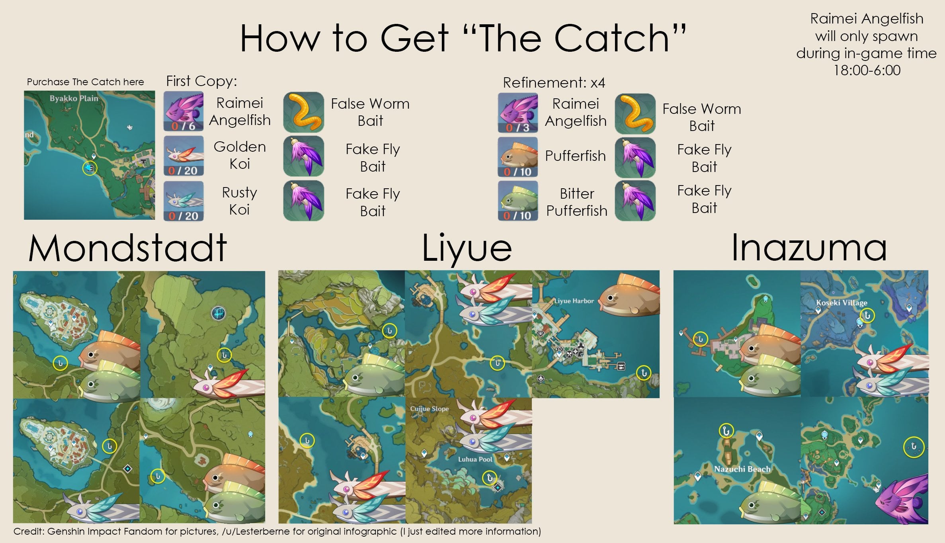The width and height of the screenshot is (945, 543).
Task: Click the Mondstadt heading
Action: pos(127,248)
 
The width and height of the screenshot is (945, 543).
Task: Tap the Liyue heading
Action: pos(467,248)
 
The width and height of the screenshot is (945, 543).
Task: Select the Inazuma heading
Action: pos(809,248)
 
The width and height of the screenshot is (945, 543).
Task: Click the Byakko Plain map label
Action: pos(74,98)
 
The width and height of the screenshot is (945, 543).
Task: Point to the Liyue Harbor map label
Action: pos(574,301)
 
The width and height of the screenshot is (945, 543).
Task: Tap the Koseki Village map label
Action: pos(842,303)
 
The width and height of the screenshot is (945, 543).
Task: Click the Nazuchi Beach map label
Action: pos(742,469)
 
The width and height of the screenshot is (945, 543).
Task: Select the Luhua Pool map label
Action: pos(475,459)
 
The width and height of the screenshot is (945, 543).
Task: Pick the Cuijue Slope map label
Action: pos(429,408)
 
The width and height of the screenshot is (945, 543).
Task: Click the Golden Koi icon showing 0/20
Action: pos(184,156)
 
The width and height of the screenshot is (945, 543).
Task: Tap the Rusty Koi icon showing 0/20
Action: pos(184,201)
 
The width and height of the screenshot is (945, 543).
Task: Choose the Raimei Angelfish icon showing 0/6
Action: pos(184,111)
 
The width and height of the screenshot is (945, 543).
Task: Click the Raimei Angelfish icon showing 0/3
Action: pos(517,113)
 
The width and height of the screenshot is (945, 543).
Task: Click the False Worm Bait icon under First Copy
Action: pos(303,112)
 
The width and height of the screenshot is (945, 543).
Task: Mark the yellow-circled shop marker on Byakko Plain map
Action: pos(90,168)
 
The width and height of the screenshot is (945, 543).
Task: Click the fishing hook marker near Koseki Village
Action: pos(867,316)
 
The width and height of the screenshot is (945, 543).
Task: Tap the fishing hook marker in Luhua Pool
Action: pos(489,478)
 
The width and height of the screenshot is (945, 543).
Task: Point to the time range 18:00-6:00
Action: pos(867,70)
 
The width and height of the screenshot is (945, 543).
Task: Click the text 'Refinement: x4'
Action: pos(554,83)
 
